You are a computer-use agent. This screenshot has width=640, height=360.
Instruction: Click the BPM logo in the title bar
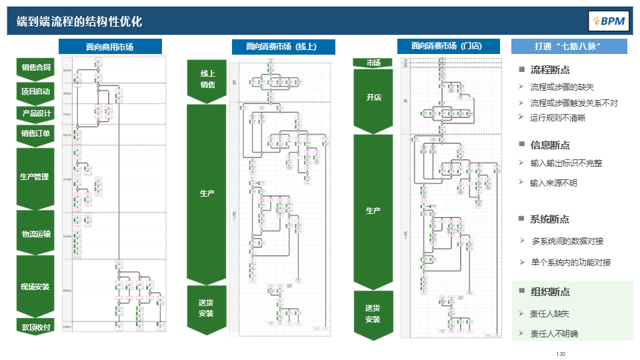[608, 21]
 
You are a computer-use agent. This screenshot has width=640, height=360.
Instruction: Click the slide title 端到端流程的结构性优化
[79, 21]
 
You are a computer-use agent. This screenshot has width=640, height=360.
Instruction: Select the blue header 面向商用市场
[110, 47]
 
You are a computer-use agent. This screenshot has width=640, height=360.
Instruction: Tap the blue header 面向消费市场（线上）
[283, 47]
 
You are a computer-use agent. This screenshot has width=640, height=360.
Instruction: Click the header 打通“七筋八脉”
[569, 47]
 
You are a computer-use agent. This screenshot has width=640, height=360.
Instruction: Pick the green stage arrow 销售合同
[36, 67]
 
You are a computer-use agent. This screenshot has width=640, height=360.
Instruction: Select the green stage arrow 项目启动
[36, 91]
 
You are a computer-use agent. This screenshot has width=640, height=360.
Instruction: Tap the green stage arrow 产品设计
[36, 113]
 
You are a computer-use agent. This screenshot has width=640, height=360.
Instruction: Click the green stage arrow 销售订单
[36, 133]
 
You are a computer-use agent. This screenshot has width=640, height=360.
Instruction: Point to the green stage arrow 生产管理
[36, 177]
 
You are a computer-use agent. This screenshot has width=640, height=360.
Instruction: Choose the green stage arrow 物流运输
[36, 233]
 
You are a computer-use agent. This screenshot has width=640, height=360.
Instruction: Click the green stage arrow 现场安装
[36, 287]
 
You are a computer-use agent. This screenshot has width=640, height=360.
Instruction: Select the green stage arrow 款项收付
[36, 327]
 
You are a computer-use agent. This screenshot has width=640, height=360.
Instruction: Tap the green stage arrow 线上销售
[207, 79]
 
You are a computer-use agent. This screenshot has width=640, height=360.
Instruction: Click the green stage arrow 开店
[373, 98]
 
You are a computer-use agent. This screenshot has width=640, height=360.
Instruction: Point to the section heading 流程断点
[549, 70]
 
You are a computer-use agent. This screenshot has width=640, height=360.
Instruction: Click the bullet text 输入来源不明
[553, 183]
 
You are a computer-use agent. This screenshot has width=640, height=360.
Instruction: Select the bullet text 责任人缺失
[549, 313]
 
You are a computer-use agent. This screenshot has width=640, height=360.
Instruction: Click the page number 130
[560, 353]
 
